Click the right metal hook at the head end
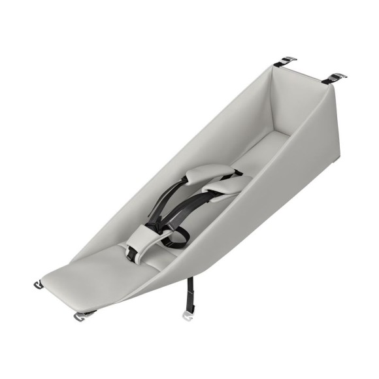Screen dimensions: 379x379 click(x=335, y=78)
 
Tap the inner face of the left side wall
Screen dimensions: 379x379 click(x=196, y=131)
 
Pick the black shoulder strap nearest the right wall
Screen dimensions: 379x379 click(x=196, y=212)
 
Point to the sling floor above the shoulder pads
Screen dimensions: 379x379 click(x=255, y=154)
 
